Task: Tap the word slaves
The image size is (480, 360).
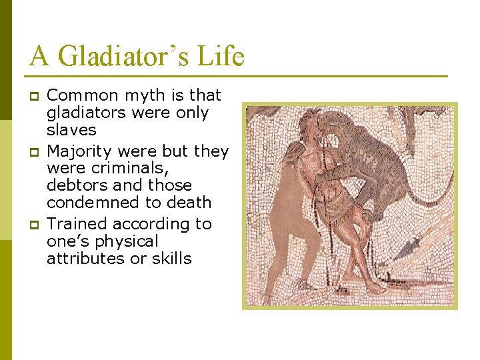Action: pos(71,130)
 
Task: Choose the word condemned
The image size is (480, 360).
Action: pos(90,202)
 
